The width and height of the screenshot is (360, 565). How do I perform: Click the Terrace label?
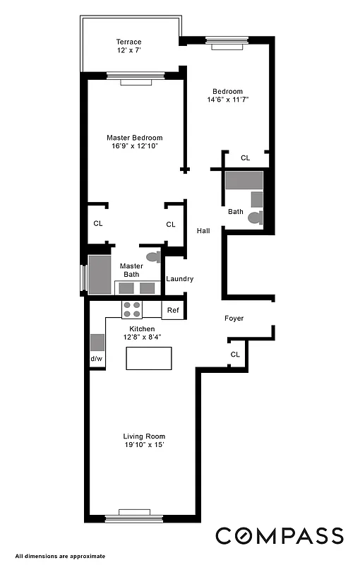pos(129,42)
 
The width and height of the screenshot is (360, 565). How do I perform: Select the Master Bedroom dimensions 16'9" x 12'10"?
pos(134,146)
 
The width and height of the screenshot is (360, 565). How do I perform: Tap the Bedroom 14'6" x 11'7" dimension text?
pos(228,100)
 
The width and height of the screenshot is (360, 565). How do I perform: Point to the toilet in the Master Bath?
pos(152,257)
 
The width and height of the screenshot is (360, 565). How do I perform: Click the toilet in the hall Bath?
pos(255,218)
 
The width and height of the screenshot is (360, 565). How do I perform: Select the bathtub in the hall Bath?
pos(244,181)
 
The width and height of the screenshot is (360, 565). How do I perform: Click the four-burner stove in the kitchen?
pos(132,309)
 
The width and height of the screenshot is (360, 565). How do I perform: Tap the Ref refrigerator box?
pos(173,309)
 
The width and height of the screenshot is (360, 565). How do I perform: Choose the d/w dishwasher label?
pos(96,359)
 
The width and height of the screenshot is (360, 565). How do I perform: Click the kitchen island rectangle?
pos(149,359)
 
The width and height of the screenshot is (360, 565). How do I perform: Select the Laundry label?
pos(179,279)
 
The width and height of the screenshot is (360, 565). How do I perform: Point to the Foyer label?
pos(234,319)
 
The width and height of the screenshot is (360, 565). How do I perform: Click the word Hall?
pos(203,230)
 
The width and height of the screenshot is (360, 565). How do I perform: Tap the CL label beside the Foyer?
pos(234,354)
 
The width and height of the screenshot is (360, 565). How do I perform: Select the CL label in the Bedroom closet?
pos(245,158)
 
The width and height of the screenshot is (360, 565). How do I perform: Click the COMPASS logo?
pos(280,535)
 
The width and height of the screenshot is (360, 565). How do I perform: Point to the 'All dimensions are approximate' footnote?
pos(60,556)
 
